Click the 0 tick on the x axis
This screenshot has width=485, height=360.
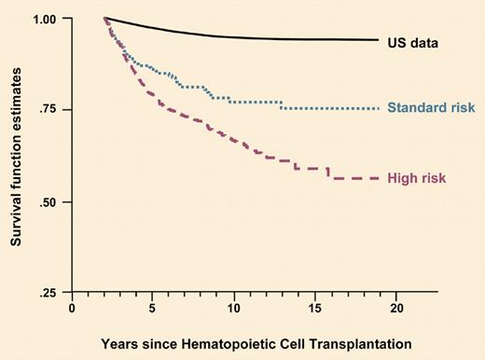[72, 307]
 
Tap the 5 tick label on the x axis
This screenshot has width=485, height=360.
[153, 307]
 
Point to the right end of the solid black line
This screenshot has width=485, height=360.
[378, 40]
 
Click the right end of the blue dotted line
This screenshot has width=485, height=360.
[378, 109]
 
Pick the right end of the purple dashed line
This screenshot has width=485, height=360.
[378, 178]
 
